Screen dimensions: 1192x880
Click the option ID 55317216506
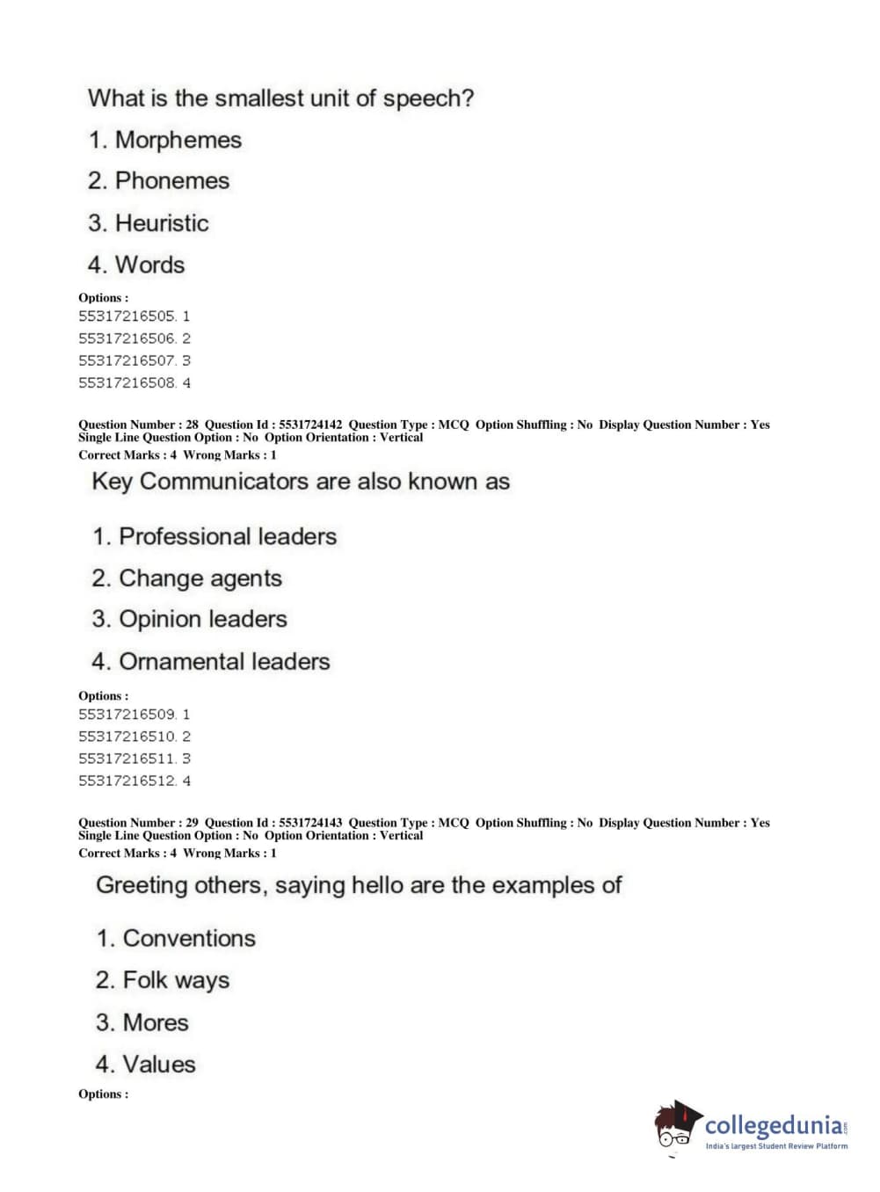coord(127,338)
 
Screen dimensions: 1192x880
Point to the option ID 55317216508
coord(127,383)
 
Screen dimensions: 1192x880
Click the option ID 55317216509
coord(127,715)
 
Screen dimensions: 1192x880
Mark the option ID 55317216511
coord(127,759)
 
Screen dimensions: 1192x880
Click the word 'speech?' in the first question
coord(428,98)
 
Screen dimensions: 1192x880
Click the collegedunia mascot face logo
coord(676,1125)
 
